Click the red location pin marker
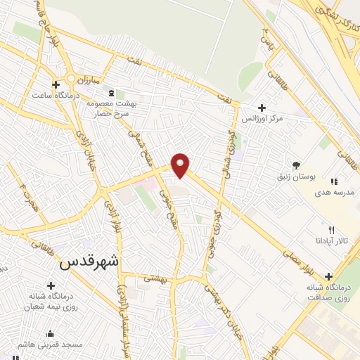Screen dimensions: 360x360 (x=181, y=165)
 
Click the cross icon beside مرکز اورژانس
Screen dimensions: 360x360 (x=262, y=108)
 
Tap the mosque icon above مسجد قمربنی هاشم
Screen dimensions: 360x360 (x=50, y=334)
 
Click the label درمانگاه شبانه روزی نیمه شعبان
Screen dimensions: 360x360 (x=49, y=301)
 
